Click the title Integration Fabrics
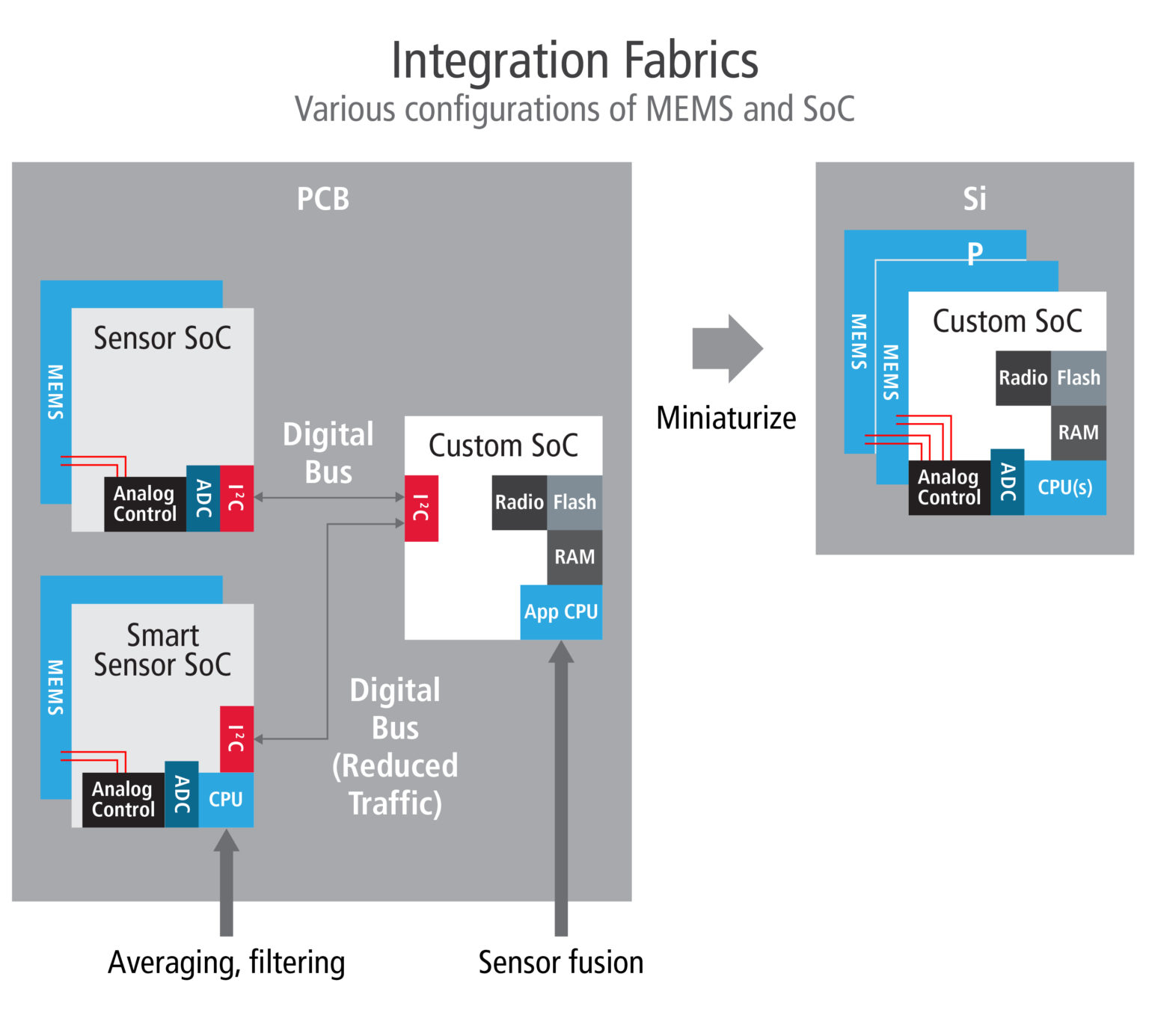pos(574,61)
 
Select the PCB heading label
pos(322,199)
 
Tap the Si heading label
pos(974,199)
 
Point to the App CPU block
pos(561,612)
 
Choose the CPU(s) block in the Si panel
pos(1064,487)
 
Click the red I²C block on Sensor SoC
pos(236,499)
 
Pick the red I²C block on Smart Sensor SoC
pos(236,738)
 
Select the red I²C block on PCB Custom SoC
pos(421,508)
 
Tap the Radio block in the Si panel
pos(1023,378)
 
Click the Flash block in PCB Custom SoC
pos(574,502)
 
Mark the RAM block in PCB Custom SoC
pos(574,558)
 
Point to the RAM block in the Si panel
pos(1078,433)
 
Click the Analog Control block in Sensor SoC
pos(144,505)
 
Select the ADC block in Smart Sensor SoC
pos(181,794)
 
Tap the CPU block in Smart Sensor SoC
pos(226,800)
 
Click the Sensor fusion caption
pos(560,963)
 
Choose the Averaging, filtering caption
pos(226,963)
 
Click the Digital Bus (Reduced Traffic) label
pos(395,747)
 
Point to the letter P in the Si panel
pos(974,254)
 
